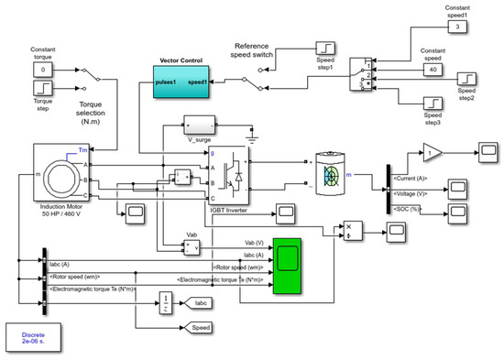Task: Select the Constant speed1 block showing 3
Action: [461, 27]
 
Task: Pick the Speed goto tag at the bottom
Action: [199, 326]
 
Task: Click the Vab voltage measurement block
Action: [192, 245]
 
